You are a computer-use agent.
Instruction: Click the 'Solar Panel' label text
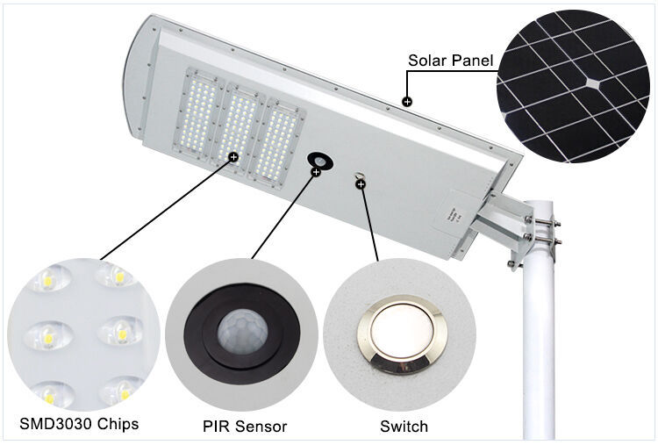(x=451, y=61)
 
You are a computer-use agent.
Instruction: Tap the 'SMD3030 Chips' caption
(x=79, y=424)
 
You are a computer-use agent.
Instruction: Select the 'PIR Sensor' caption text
(x=245, y=427)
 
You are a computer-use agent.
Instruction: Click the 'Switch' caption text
(x=404, y=427)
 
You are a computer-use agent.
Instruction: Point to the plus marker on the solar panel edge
(x=406, y=101)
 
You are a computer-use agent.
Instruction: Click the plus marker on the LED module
(x=233, y=157)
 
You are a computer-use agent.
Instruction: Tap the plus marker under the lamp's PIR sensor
(x=316, y=172)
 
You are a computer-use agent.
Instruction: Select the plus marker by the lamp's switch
(x=361, y=183)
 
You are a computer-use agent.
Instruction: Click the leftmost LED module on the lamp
(x=197, y=111)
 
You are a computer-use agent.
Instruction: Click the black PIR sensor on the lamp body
(x=320, y=161)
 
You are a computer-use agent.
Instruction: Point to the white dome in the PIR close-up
(x=242, y=332)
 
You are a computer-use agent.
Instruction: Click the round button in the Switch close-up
(x=401, y=334)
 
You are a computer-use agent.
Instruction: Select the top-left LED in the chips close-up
(x=48, y=278)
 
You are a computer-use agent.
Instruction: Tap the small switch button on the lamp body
(x=359, y=176)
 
